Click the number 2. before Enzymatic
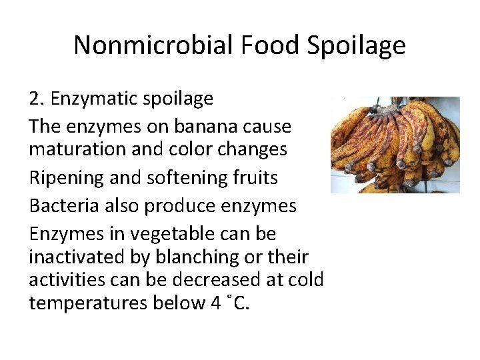(x=37, y=99)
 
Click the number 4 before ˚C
(x=215, y=303)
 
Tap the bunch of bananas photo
(x=395, y=145)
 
